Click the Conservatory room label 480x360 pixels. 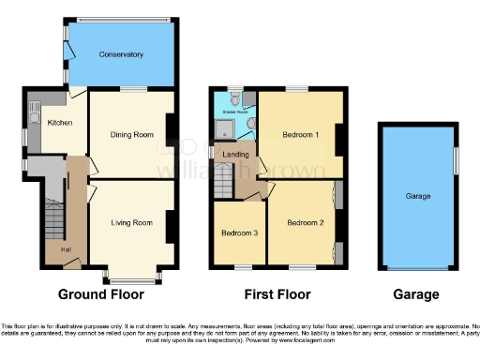coord(121,55)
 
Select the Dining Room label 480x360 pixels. coord(131,135)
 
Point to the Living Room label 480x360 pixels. coord(131,223)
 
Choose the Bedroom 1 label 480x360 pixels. coord(301,135)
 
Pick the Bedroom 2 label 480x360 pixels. coord(305,223)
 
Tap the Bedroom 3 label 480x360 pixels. coord(238,232)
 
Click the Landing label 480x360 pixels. coord(234,155)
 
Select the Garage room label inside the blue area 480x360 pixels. coord(418,197)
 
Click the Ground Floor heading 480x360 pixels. coord(100,294)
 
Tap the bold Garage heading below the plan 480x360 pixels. coord(417,294)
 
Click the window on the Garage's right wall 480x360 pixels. coord(457,159)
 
